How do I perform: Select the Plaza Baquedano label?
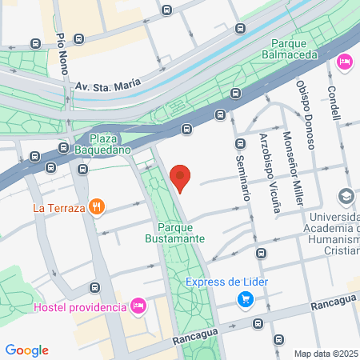point(102,142)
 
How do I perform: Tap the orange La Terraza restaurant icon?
point(97,207)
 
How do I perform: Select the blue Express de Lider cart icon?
point(246,299)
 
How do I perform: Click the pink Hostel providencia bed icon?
point(138,306)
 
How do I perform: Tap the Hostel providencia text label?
point(80,307)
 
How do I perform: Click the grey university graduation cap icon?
point(346,196)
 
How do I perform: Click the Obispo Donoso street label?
point(308,109)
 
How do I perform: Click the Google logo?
point(27,350)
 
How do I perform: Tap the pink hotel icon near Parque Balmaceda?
point(345,62)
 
